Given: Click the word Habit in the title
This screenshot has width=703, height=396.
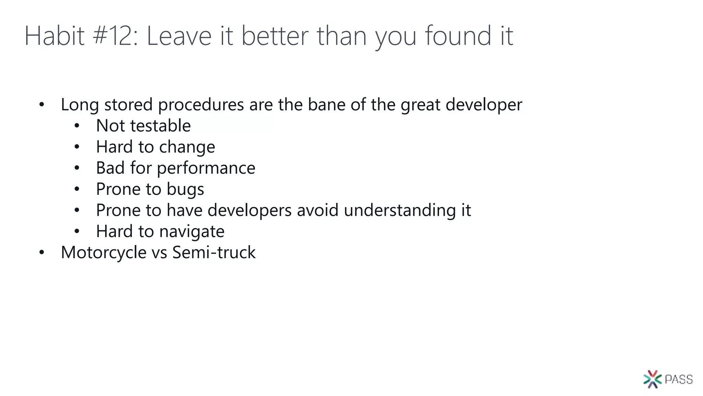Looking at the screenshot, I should pyautogui.click(x=54, y=36).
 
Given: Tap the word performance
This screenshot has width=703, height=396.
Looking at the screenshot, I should pyautogui.click(x=206, y=168).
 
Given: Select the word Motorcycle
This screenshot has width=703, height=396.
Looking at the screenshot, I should pyautogui.click(x=104, y=253).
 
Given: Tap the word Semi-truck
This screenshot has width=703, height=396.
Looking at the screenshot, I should pyautogui.click(x=214, y=252).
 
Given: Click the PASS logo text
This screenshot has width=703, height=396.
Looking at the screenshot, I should pyautogui.click(x=679, y=379).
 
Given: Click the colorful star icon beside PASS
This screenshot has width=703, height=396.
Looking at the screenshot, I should pyautogui.click(x=653, y=379).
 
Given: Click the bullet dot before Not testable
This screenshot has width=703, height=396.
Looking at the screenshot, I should pyautogui.click(x=77, y=126).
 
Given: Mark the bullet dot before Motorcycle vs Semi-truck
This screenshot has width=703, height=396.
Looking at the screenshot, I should pyautogui.click(x=42, y=253).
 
